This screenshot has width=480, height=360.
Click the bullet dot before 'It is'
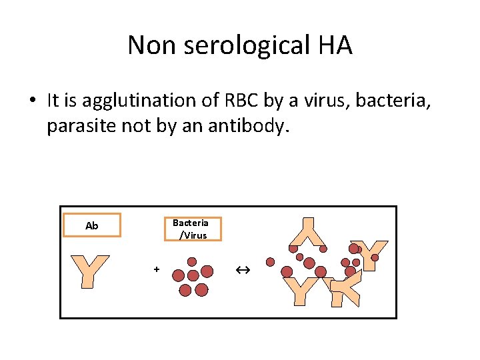[x=31, y=101]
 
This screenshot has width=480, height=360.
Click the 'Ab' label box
[x=92, y=225]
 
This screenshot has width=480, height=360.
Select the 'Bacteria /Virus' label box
[x=191, y=229]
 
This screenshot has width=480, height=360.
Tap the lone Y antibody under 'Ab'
[x=90, y=271]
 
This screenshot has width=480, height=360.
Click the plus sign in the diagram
[x=156, y=269]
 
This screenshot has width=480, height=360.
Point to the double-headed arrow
[x=242, y=270]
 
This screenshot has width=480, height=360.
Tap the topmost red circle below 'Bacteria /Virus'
[x=192, y=262]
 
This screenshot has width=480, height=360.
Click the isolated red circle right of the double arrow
[x=270, y=262]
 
